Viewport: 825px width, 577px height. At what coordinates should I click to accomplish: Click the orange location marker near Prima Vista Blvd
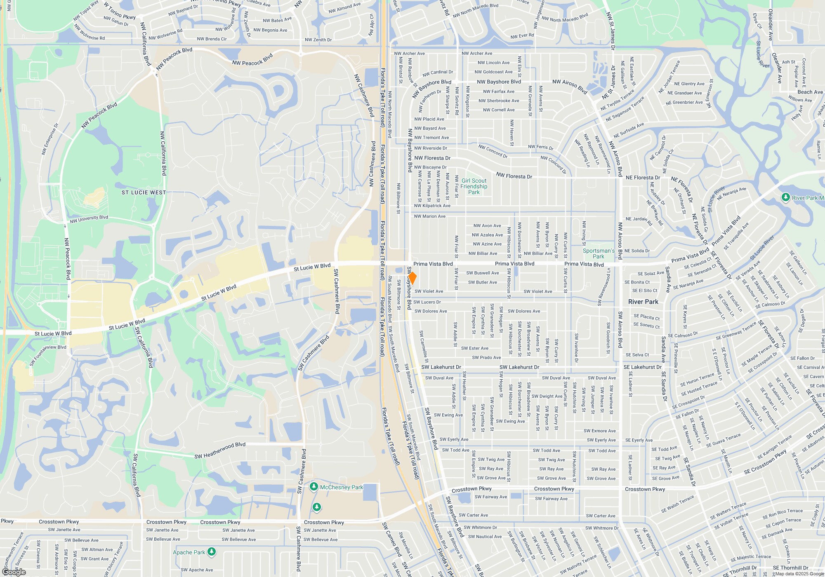[412, 278]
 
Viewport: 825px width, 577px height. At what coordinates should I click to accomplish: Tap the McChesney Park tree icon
[314, 487]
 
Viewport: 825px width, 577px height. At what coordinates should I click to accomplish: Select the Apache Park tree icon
[212, 551]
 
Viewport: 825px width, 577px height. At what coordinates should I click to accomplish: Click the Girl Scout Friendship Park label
[474, 186]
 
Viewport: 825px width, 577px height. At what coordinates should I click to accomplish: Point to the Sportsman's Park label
[599, 253]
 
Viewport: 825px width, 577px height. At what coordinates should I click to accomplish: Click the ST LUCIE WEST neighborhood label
[144, 192]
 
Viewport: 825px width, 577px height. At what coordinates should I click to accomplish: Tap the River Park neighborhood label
[643, 302]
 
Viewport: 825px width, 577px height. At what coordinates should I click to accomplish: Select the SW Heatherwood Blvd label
[220, 450]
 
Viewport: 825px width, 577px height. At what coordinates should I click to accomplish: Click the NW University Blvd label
[89, 219]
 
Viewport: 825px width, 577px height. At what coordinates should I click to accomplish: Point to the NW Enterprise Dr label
[50, 139]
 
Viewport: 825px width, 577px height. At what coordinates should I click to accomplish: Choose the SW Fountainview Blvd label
[48, 355]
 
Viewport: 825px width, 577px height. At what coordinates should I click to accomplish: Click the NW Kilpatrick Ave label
[432, 206]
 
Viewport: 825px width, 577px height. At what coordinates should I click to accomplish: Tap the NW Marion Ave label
[429, 216]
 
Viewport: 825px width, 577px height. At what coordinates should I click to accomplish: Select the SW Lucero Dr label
[427, 302]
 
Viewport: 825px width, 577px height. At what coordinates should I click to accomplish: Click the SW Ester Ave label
[474, 348]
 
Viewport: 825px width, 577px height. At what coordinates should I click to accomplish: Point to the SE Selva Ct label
[637, 355]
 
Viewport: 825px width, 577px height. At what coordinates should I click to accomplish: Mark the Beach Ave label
[810, 92]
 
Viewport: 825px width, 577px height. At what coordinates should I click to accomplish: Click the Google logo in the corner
[14, 572]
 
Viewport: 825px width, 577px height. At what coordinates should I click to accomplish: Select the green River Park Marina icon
[785, 197]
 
